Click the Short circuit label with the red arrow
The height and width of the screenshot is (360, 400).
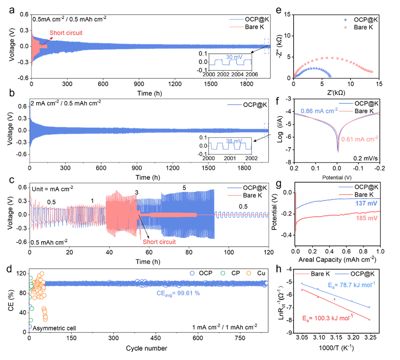click(x=66, y=33)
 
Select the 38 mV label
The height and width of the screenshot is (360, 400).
click(x=234, y=141)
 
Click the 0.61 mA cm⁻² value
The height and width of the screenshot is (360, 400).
click(x=359, y=139)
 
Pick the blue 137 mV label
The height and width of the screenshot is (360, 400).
click(x=366, y=204)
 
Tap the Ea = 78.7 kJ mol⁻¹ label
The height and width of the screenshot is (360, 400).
click(x=351, y=285)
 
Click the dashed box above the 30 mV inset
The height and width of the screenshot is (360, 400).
click(x=266, y=46)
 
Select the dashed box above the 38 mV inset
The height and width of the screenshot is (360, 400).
click(x=266, y=130)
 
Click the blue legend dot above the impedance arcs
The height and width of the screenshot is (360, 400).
click(x=345, y=20)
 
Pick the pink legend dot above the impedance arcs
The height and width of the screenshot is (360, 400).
click(x=345, y=27)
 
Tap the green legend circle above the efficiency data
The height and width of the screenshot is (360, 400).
click(x=222, y=273)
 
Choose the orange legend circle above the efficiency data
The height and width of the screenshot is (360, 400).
click(x=249, y=273)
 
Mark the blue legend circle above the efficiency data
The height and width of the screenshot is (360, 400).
click(x=192, y=273)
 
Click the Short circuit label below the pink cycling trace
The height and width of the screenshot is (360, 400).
click(x=159, y=242)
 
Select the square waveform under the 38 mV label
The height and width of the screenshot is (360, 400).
click(x=230, y=146)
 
